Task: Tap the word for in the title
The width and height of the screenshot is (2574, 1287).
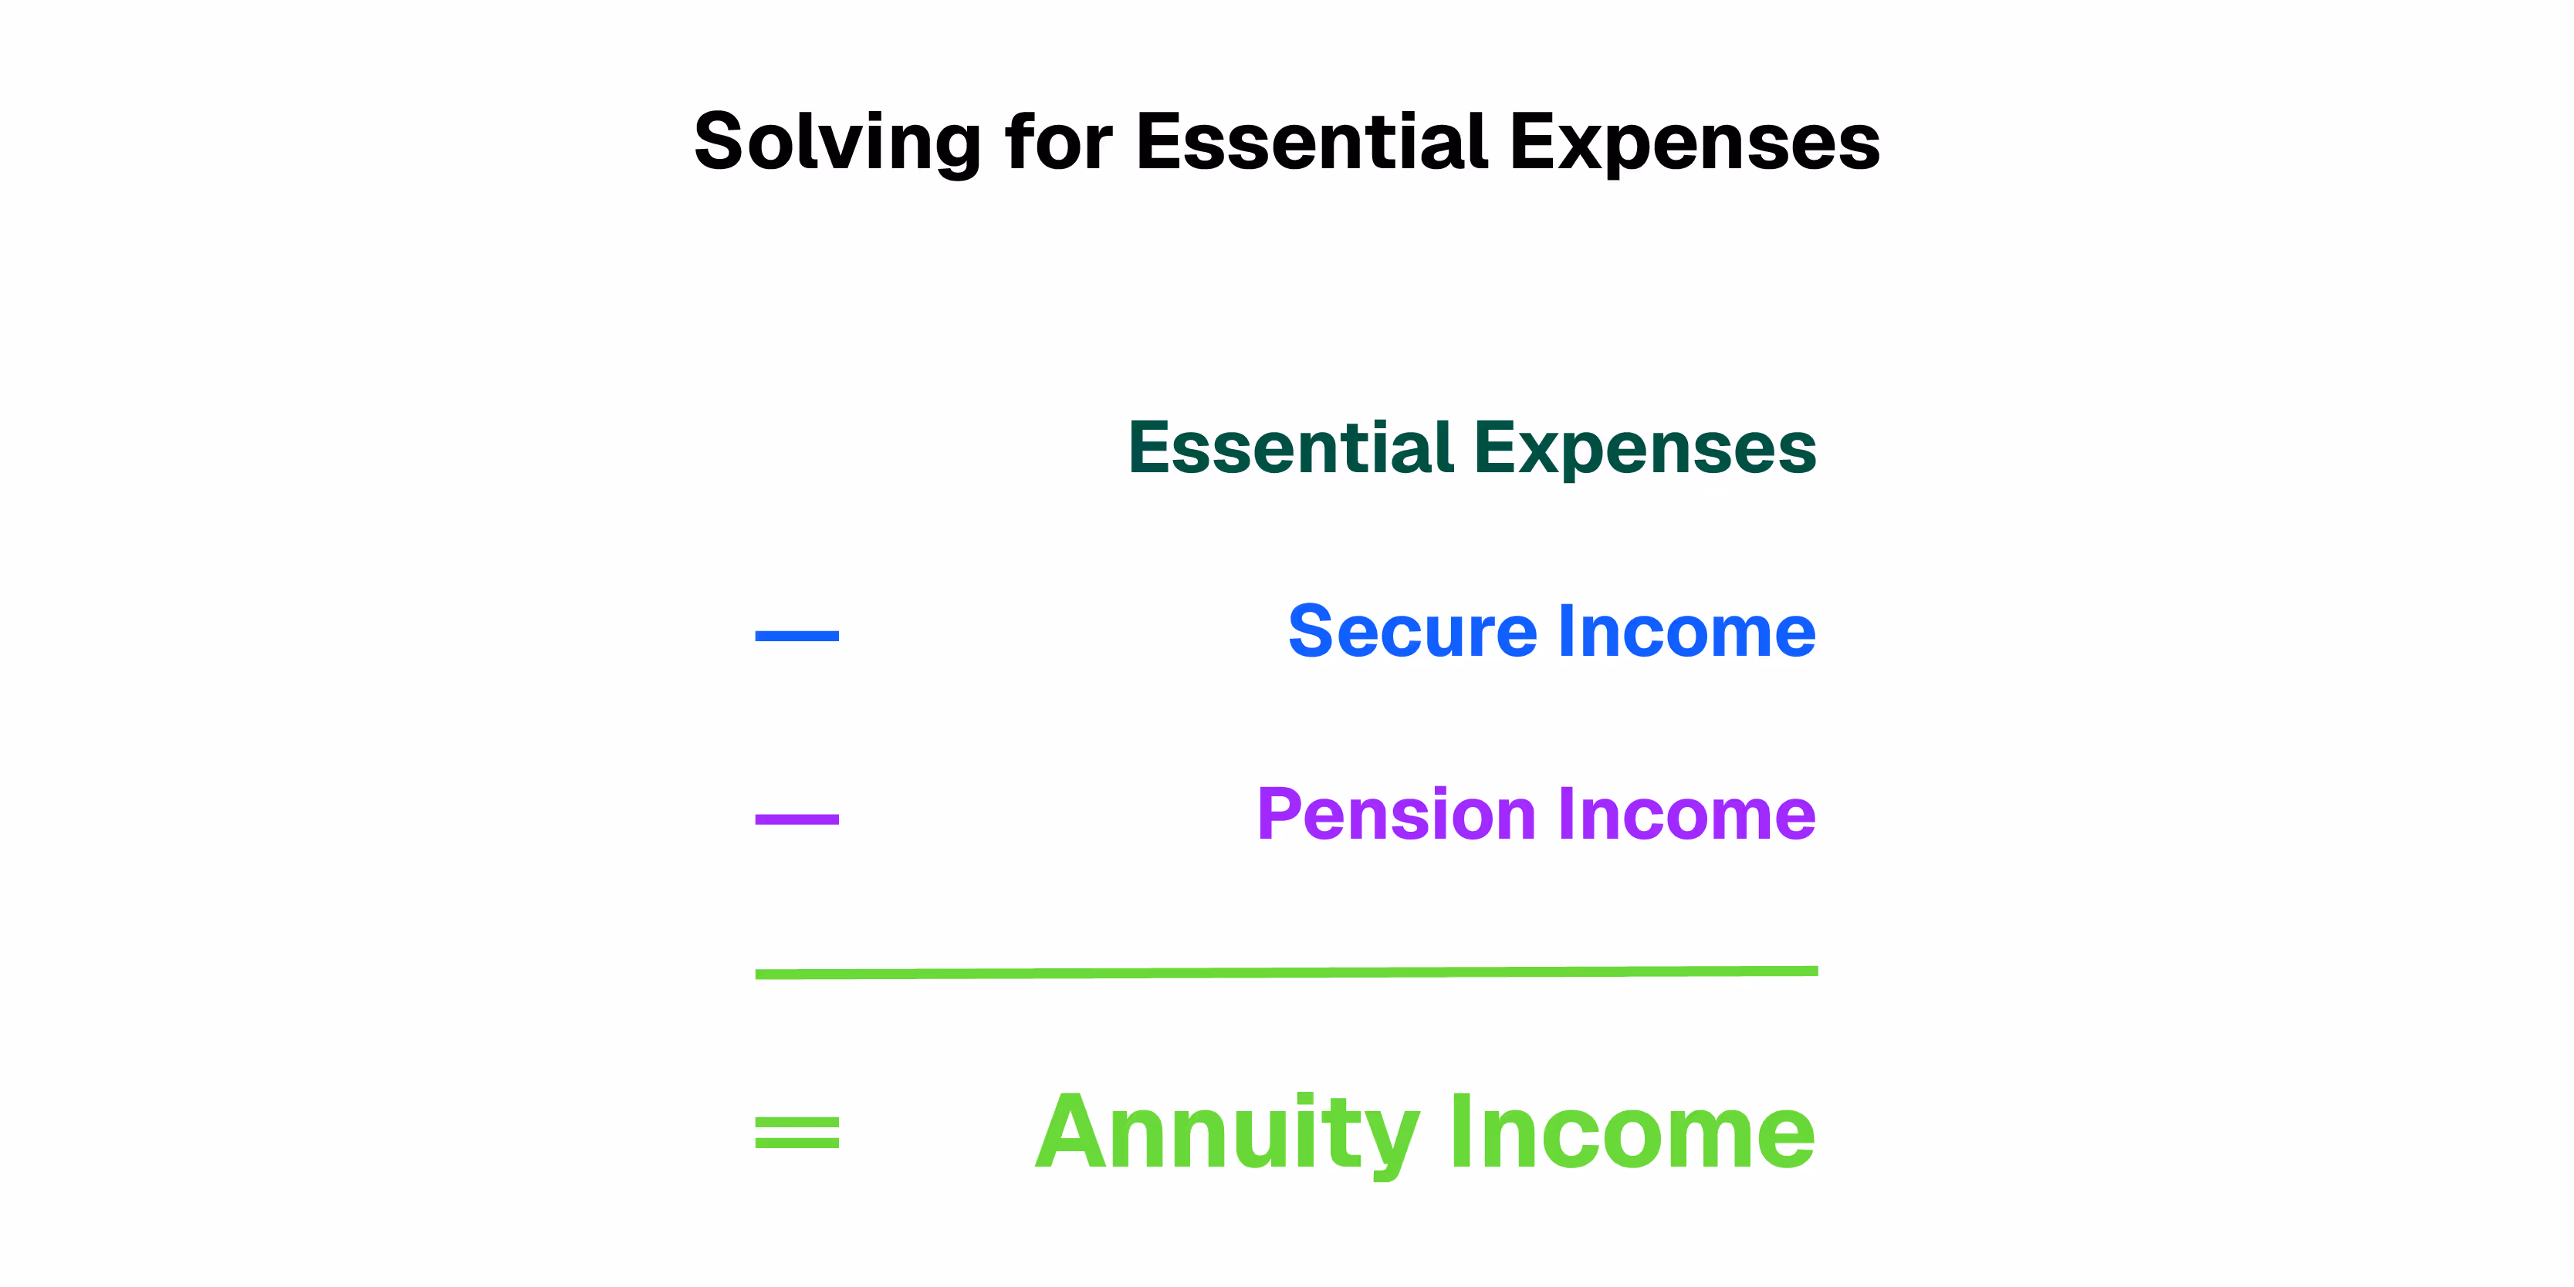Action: [x=1057, y=143]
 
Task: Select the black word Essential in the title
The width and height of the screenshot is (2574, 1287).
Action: [x=1311, y=143]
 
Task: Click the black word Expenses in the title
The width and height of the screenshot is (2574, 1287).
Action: [x=1695, y=143]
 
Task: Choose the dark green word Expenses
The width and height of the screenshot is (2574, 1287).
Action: [x=1645, y=450]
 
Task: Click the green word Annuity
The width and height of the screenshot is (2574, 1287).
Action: [x=1227, y=1133]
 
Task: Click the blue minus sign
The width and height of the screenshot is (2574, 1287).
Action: [x=797, y=636]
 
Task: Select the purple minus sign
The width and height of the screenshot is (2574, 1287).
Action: [x=797, y=819]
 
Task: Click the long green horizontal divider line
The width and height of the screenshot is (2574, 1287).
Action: [x=1286, y=972]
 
